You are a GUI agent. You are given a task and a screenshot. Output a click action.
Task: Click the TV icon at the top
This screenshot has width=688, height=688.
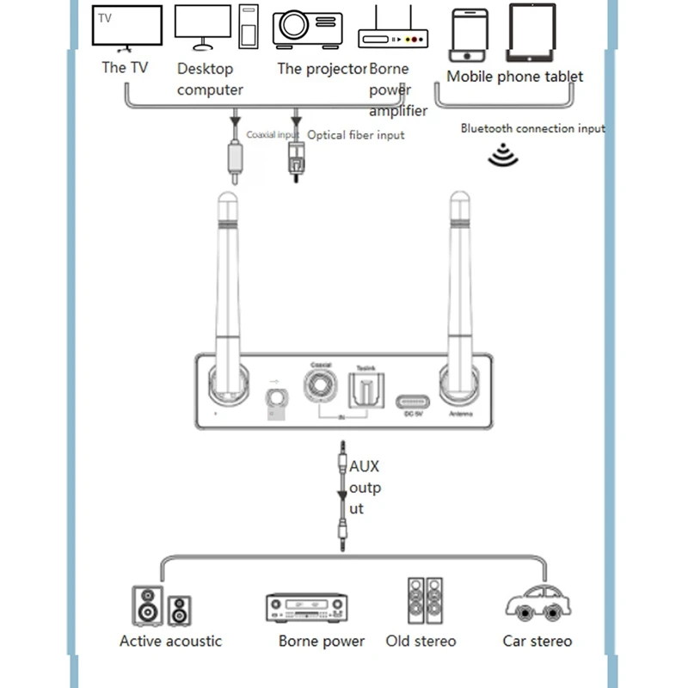click(127, 28)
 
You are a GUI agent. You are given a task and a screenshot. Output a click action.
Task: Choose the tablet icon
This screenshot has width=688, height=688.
click(538, 33)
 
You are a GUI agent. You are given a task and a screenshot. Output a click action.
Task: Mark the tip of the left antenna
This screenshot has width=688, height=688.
click(227, 205)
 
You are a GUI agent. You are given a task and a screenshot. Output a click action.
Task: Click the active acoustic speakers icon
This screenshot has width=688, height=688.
click(161, 605)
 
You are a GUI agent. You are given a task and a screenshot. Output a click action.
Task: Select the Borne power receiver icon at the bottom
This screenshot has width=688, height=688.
click(305, 607)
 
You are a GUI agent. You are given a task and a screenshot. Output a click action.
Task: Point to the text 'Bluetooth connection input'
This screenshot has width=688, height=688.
click(532, 128)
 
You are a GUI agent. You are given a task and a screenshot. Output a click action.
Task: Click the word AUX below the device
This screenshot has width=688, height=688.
click(364, 467)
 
